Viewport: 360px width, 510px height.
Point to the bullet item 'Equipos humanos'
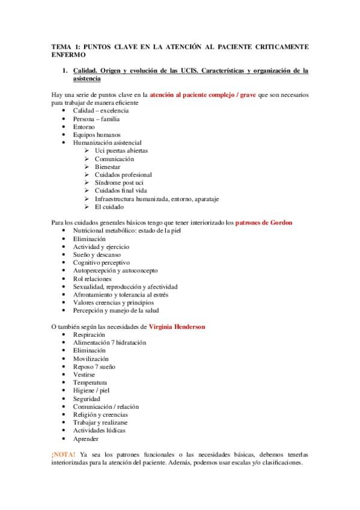97,135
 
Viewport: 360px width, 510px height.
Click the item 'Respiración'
89,334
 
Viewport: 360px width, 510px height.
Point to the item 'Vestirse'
85,375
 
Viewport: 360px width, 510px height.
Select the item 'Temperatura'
90,382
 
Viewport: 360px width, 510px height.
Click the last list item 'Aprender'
86,439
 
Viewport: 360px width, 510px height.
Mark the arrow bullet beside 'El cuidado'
88,207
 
